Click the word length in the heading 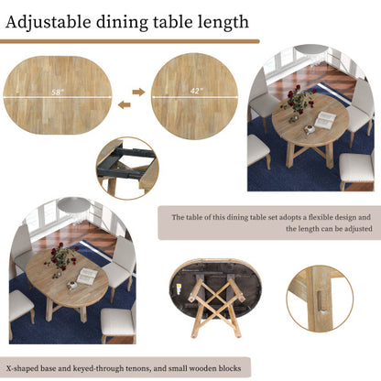tap(220, 21)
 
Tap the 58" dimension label tap(58, 93)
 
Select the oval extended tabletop tap(58, 95)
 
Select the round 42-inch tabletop tap(194, 95)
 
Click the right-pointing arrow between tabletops tap(138, 92)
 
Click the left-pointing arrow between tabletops tap(125, 104)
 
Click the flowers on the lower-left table tap(60, 257)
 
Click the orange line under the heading tap(129, 41)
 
